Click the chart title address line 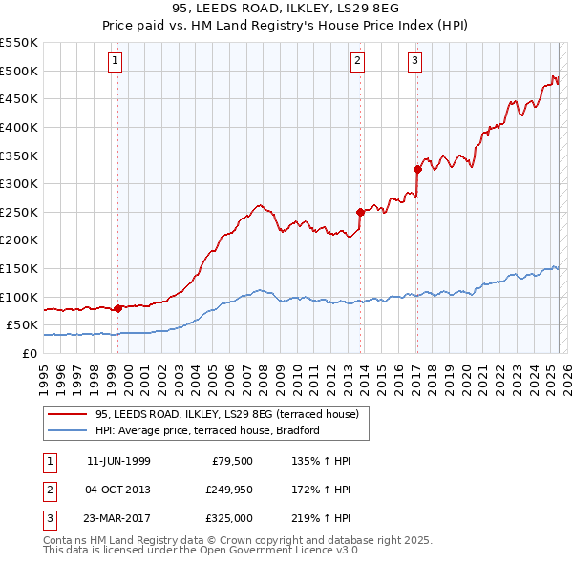[x=286, y=9]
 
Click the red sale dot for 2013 [x=360, y=212]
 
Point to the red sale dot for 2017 [x=417, y=169]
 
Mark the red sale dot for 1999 [x=117, y=308]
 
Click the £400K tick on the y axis [x=19, y=127]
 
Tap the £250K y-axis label [x=19, y=212]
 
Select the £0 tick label [x=30, y=353]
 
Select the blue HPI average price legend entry [x=206, y=430]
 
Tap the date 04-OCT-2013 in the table [x=118, y=490]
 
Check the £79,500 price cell [x=233, y=461]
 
